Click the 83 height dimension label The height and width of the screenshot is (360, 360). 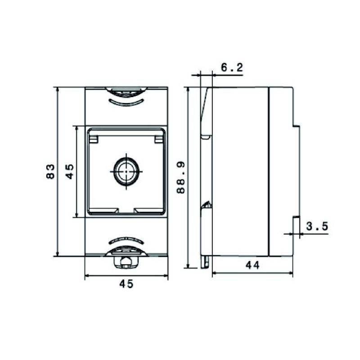pos(51,171)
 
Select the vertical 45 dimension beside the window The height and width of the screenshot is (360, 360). pos(70,171)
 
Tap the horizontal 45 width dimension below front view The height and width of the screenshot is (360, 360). pos(126,284)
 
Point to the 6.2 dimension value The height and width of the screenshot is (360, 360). pos(232,67)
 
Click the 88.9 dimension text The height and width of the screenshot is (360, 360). pos(181,178)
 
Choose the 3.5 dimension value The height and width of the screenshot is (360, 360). pos(317,226)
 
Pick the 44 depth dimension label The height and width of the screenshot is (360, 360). pos(252,265)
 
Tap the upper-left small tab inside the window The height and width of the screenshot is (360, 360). pos(94,139)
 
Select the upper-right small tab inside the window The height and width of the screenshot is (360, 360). pos(158,139)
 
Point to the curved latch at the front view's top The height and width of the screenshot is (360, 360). pos(126,92)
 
